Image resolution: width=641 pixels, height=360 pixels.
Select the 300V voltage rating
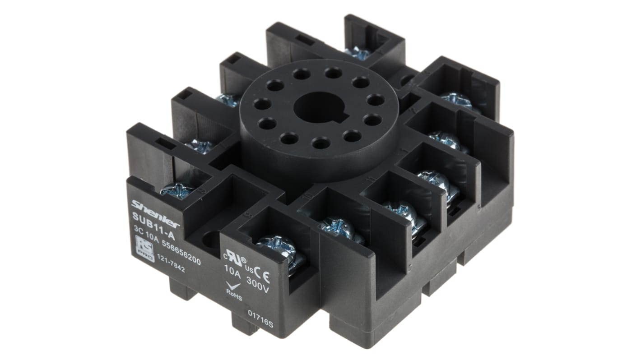click(x=258, y=289)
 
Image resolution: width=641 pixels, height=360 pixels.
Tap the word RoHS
click(x=234, y=298)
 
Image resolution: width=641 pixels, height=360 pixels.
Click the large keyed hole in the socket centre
click(x=319, y=107)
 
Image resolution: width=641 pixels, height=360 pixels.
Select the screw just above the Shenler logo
click(x=177, y=190)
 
